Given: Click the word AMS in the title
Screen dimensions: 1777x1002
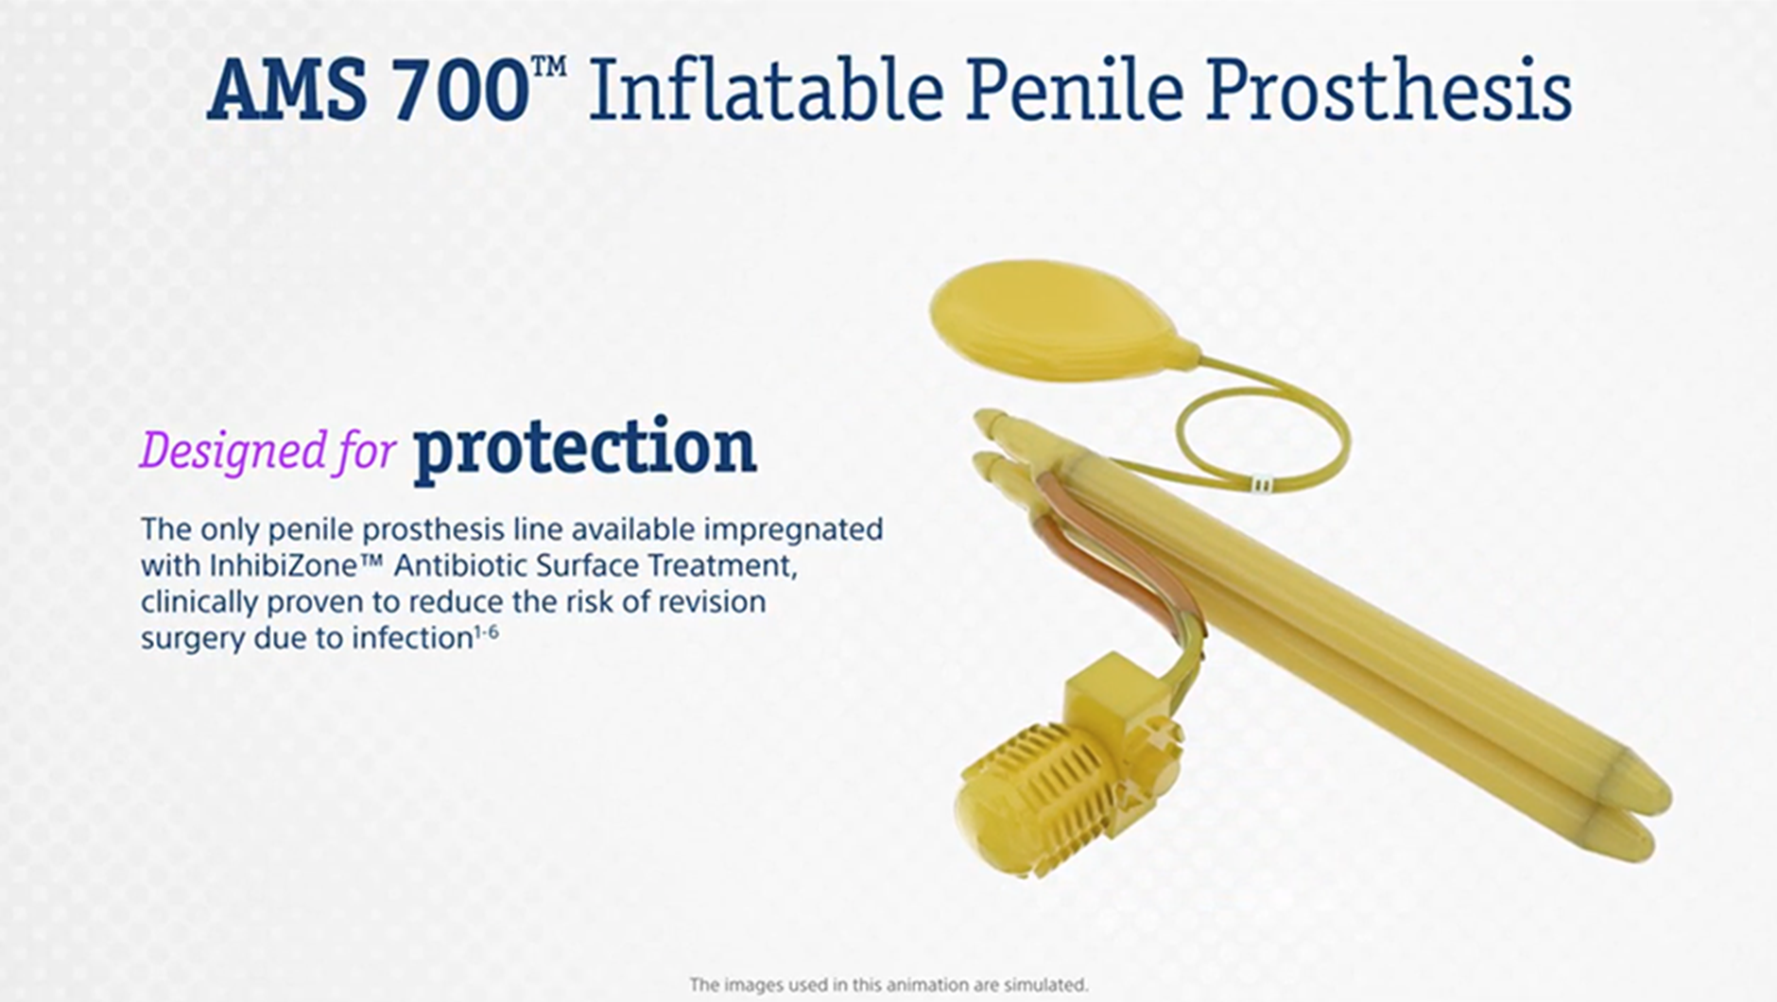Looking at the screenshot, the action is [x=286, y=92].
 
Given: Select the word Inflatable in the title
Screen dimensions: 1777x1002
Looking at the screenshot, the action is [x=767, y=90].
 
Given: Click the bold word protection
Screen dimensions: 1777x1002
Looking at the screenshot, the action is [x=584, y=447].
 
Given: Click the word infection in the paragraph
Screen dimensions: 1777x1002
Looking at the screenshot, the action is [x=413, y=638].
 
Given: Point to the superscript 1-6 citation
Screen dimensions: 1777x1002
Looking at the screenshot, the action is [x=486, y=631].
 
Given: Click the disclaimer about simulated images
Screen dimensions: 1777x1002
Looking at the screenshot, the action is [x=888, y=985].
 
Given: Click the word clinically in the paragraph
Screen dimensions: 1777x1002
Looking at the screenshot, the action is [x=199, y=603].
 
